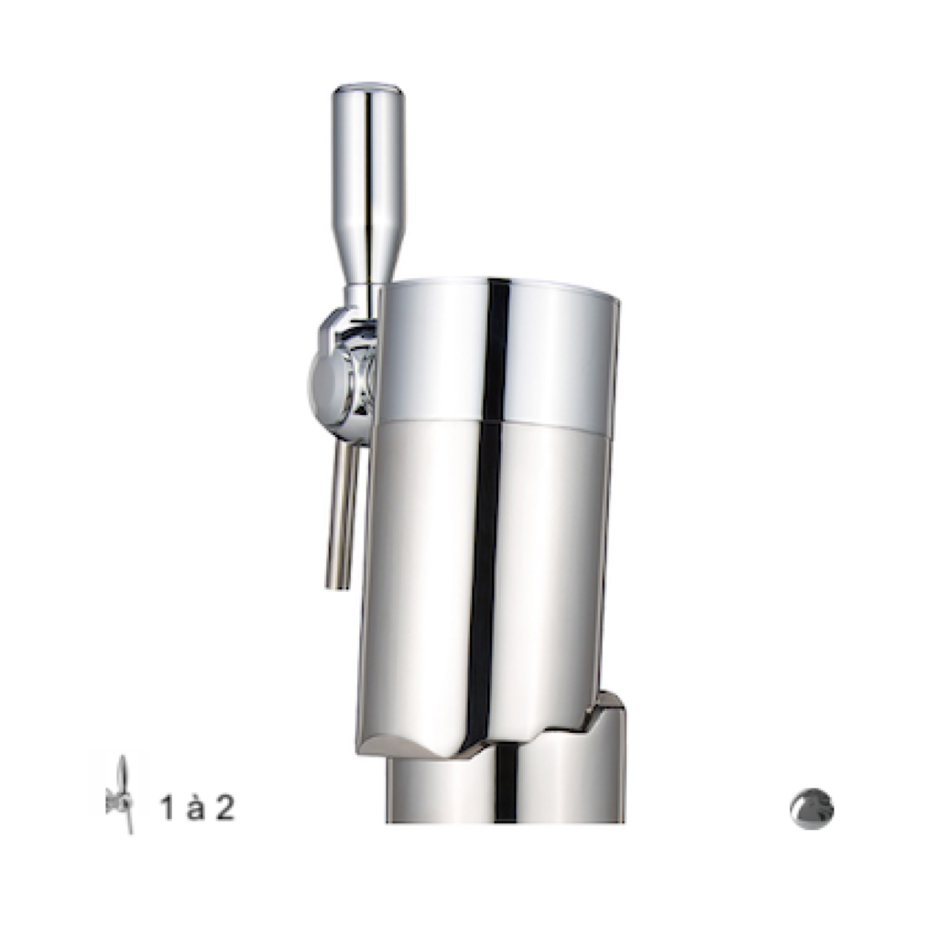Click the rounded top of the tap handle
tap(368, 91)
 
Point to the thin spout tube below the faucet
tap(342, 515)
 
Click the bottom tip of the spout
tap(336, 586)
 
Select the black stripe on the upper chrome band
tap(497, 349)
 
